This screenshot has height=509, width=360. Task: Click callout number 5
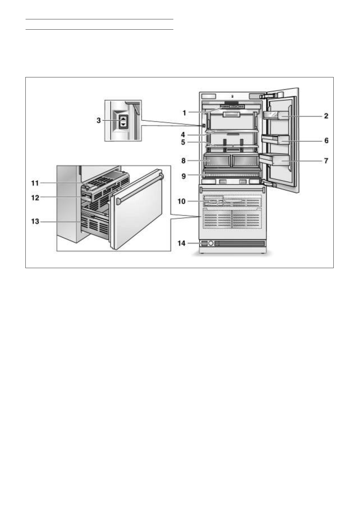(183, 142)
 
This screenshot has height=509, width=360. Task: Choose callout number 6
(326, 141)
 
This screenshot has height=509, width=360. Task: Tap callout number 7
(326, 161)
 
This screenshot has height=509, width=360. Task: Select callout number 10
(182, 201)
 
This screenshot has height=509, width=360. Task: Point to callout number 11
(35, 183)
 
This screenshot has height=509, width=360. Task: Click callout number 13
(35, 222)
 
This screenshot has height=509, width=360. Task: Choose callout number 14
(182, 243)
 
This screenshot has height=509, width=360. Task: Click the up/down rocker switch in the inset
(123, 122)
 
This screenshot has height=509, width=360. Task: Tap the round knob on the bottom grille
(211, 243)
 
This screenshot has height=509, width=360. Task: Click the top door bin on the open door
(275, 115)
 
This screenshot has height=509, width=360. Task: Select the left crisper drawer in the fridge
(217, 160)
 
